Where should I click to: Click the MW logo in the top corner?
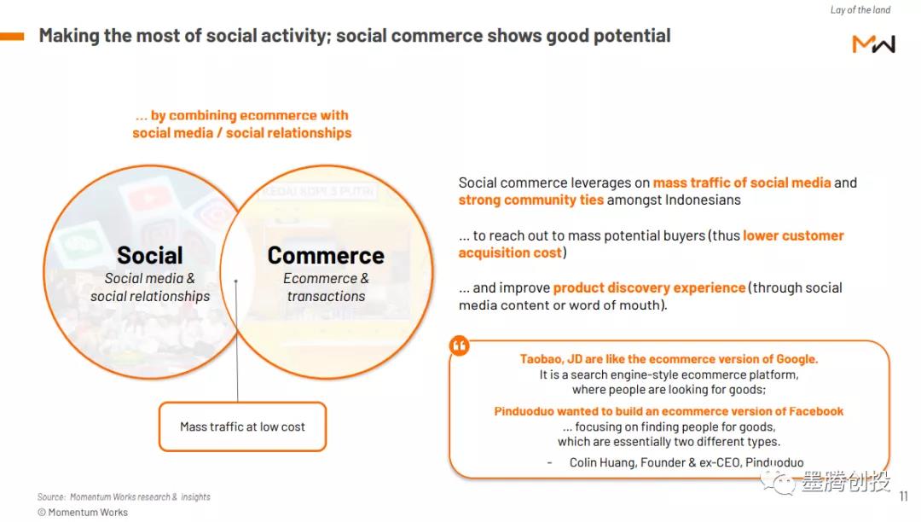(x=873, y=44)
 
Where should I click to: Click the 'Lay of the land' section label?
(x=860, y=10)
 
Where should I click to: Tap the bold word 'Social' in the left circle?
(x=150, y=255)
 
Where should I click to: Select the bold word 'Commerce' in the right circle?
(x=326, y=255)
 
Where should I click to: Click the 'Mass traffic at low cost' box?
(x=242, y=426)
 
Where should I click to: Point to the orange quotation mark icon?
(x=460, y=345)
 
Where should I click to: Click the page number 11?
(x=903, y=496)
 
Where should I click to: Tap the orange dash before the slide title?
(x=12, y=37)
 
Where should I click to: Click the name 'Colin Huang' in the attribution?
(x=603, y=462)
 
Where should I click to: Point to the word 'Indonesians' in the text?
(x=703, y=200)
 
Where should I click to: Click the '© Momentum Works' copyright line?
(x=83, y=512)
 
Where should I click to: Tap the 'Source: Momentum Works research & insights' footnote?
(x=124, y=496)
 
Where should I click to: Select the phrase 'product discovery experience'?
(x=649, y=287)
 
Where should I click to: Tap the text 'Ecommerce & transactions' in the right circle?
(x=326, y=287)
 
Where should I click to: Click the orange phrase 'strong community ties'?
(x=531, y=200)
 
